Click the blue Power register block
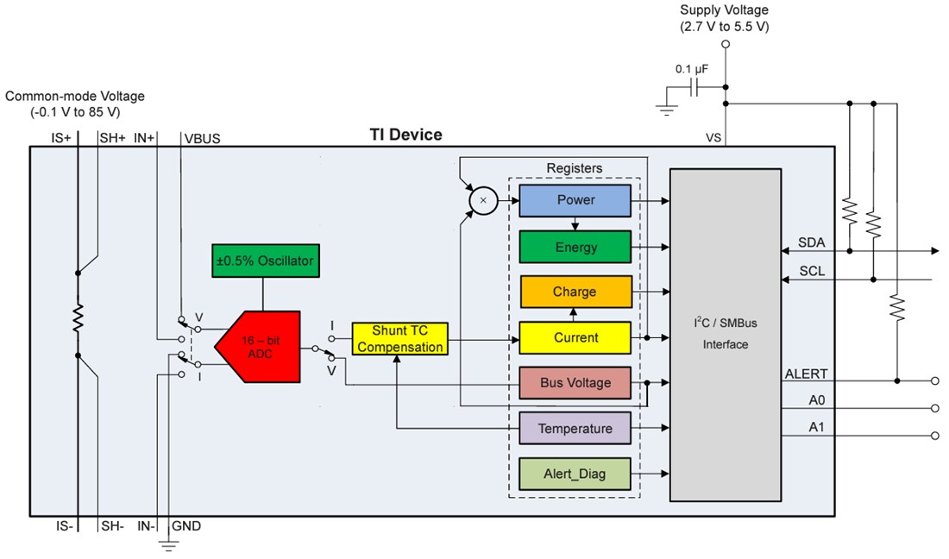click(575, 200)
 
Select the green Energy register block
click(575, 248)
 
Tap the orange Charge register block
click(575, 292)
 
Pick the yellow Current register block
click(575, 338)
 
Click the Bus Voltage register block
click(575, 383)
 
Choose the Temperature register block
click(575, 429)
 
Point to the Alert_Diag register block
click(575, 474)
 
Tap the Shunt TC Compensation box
click(399, 339)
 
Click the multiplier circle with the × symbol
click(482, 200)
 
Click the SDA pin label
click(811, 242)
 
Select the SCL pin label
click(811, 271)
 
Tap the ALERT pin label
click(806, 374)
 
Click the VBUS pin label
click(202, 137)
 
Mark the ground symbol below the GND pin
click(168, 545)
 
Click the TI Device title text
click(405, 135)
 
